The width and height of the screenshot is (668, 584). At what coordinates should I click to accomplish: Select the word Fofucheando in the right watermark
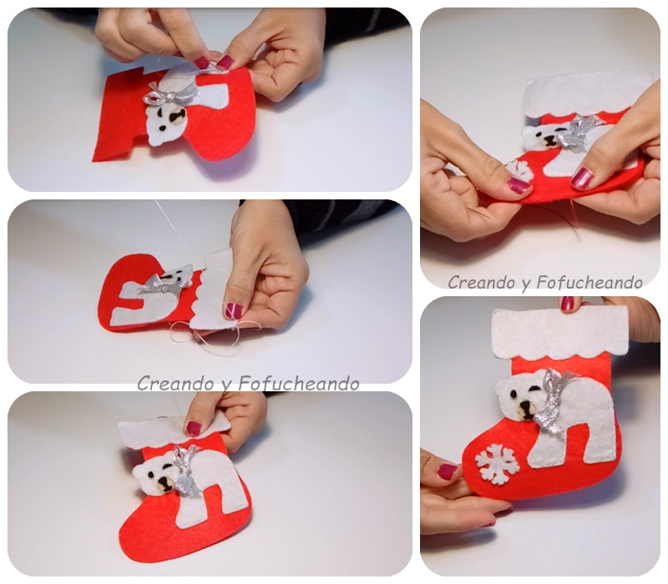[x=590, y=282]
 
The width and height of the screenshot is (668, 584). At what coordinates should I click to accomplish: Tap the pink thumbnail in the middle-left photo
[x=233, y=310]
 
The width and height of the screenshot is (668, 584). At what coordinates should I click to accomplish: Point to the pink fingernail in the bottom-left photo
[x=194, y=429]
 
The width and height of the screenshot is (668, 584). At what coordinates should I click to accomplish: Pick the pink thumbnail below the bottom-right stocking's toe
[x=447, y=472]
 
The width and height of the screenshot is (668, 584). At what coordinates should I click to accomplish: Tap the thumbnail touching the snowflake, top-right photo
[x=519, y=185]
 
